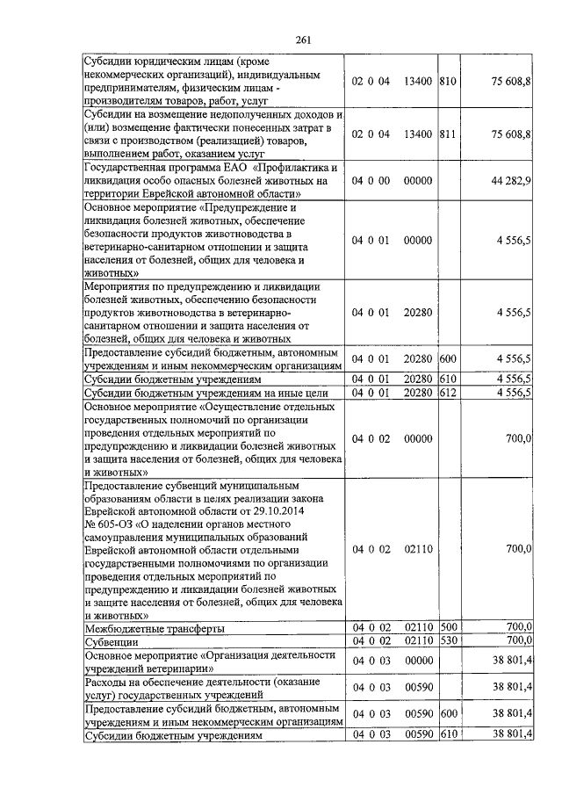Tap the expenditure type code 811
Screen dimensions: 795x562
[448, 134]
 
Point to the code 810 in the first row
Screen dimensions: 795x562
[448, 81]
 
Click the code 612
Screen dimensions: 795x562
[448, 393]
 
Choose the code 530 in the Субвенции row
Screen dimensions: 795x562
[448, 641]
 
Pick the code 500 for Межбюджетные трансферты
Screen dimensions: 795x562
[448, 627]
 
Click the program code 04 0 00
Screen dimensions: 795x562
[370, 180]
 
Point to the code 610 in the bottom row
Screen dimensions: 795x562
[448, 734]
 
